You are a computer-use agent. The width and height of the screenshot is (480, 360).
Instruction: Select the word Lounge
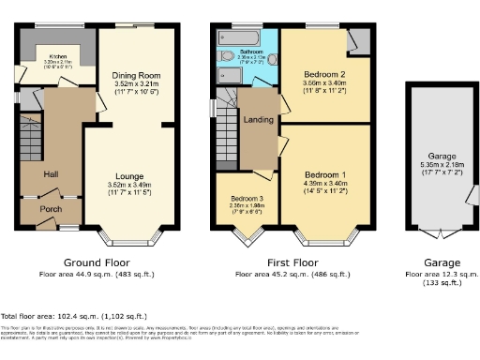pyautogui.click(x=129, y=175)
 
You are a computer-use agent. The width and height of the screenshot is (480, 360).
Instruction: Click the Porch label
pyautogui.click(x=51, y=210)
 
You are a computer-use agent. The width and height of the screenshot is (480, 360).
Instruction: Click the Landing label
pyautogui.click(x=258, y=119)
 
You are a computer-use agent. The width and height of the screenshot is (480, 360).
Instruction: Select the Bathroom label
pyautogui.click(x=248, y=52)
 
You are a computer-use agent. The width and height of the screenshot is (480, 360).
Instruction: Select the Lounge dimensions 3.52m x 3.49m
pyautogui.click(x=129, y=186)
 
